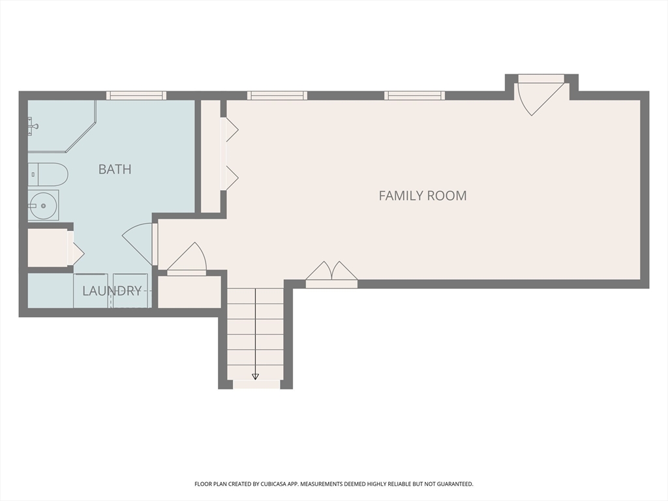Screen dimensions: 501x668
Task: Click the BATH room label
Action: (115, 170)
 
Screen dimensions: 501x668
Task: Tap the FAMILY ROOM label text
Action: (423, 195)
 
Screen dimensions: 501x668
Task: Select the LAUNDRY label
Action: (112, 291)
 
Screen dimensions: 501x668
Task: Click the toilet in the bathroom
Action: (48, 175)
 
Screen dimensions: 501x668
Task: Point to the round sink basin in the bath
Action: (43, 205)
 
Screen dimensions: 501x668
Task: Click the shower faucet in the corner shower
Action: (33, 123)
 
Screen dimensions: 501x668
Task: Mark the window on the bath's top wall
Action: (136, 96)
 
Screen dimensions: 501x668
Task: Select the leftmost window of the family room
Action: (277, 96)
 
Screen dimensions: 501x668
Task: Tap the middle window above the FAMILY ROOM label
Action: (415, 96)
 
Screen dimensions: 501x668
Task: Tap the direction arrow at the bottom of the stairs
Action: (255, 376)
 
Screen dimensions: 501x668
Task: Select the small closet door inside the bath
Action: (75, 249)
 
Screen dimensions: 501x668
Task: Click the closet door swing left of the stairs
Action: (188, 260)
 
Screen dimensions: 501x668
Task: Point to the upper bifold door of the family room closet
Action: (230, 130)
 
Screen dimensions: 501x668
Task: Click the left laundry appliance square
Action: (90, 290)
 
